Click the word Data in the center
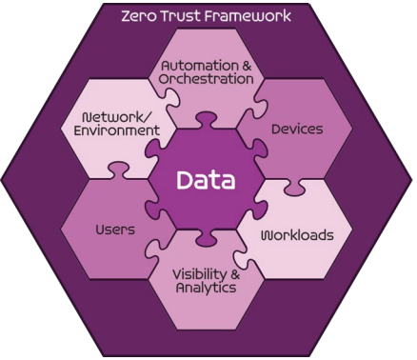[x=206, y=180]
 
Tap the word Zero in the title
[x=139, y=16]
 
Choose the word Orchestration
[x=207, y=79]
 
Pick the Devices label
[x=297, y=130]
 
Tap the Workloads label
[x=297, y=235]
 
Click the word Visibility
[x=198, y=274]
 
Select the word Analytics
[x=207, y=288]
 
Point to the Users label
[x=115, y=230]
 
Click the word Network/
[x=115, y=117]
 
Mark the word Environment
[x=117, y=130]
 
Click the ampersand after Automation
[x=247, y=66]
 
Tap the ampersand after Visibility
[x=234, y=274]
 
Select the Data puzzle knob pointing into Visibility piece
[x=207, y=237]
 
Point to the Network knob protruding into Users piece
[x=117, y=170]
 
